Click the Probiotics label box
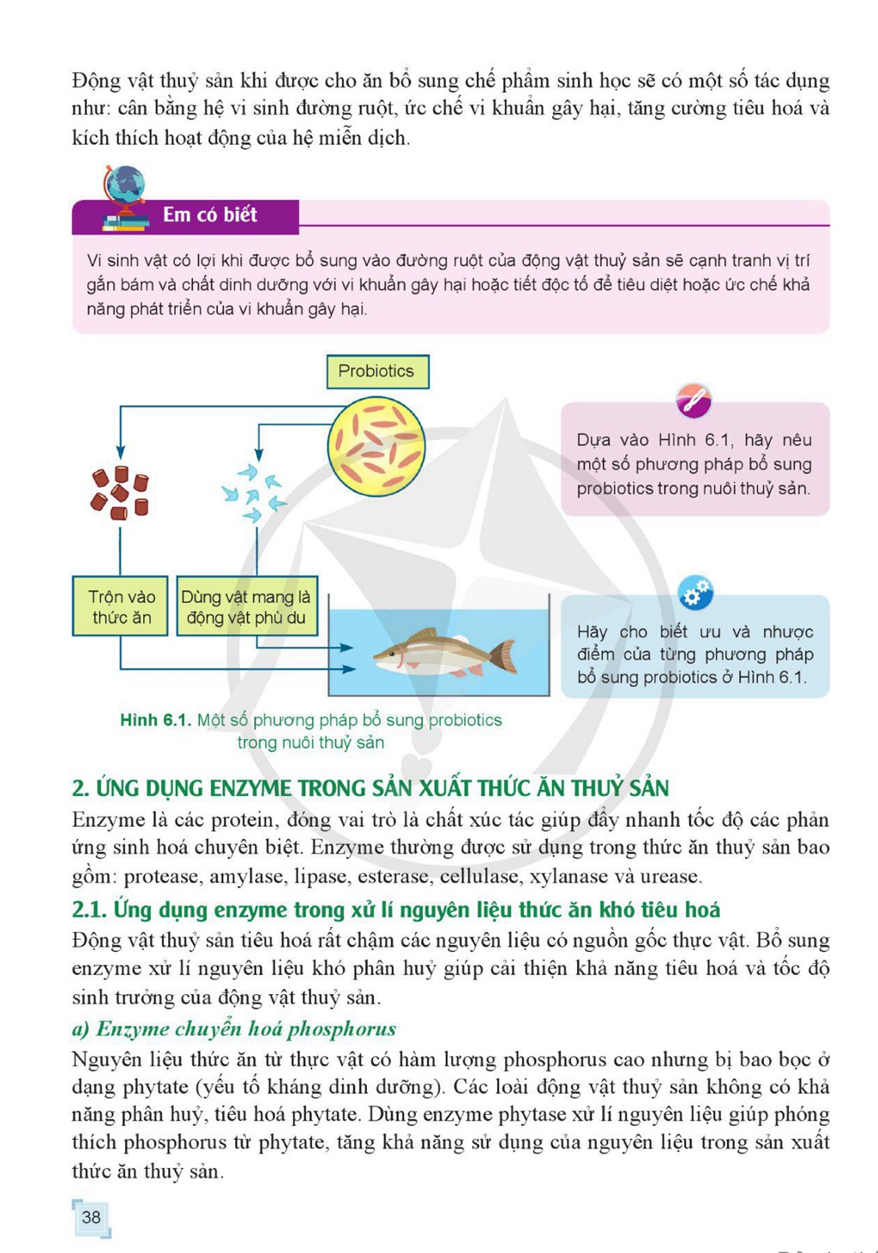pos(377,371)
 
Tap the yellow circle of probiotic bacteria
pos(376,446)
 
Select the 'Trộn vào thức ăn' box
pos(120,605)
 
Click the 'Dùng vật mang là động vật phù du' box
pos(247,605)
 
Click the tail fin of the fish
pos(503,656)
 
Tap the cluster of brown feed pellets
pos(120,493)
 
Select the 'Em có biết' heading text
pos(210,214)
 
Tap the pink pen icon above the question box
pos(694,401)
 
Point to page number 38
pos(91,1217)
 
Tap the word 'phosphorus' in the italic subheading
pos(342,1029)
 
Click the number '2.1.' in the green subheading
pos(89,910)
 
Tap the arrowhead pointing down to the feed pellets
pos(120,452)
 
